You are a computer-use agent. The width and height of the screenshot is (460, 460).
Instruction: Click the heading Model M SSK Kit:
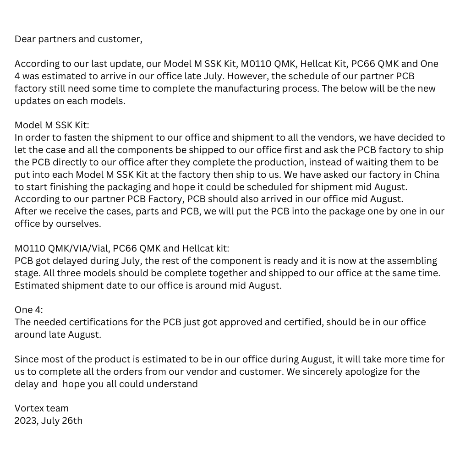click(x=52, y=125)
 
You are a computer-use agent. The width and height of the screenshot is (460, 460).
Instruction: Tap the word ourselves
click(x=78, y=224)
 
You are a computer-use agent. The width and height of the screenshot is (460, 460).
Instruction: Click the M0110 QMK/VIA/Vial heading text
click(x=62, y=248)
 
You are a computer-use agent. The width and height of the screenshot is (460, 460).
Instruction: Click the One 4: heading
click(x=28, y=310)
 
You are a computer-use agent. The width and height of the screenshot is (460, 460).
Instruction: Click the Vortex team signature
click(x=41, y=408)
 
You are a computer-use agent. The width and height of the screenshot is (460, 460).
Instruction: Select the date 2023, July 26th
click(x=49, y=421)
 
